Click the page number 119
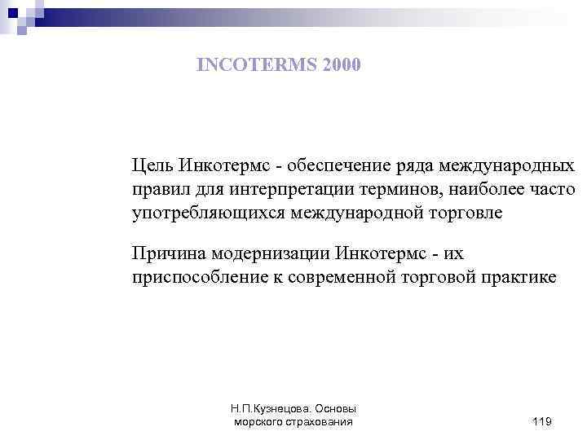coord(541,421)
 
